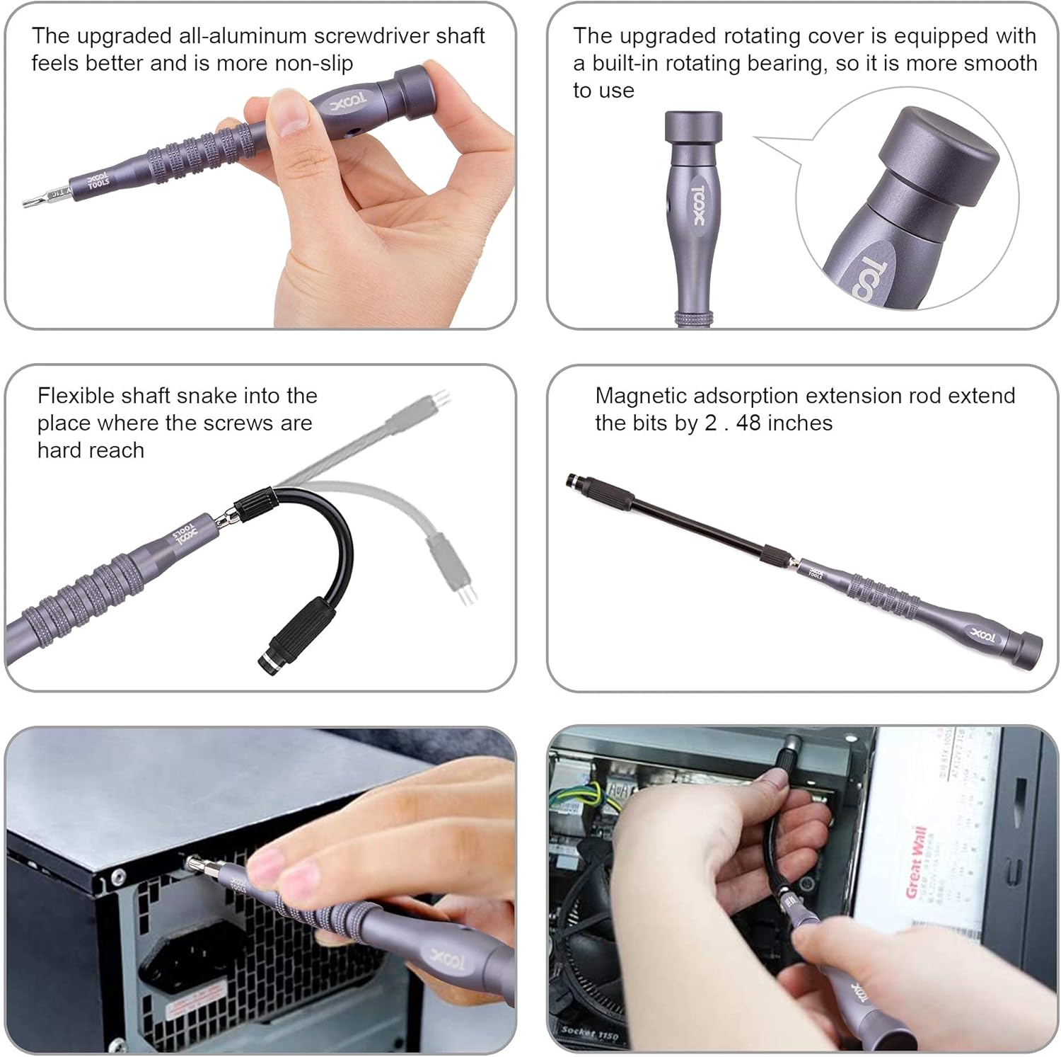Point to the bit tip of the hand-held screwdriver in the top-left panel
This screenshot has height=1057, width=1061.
[x=32, y=203]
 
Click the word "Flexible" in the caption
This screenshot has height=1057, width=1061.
[x=76, y=396]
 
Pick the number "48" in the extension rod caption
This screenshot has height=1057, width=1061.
[x=748, y=423]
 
